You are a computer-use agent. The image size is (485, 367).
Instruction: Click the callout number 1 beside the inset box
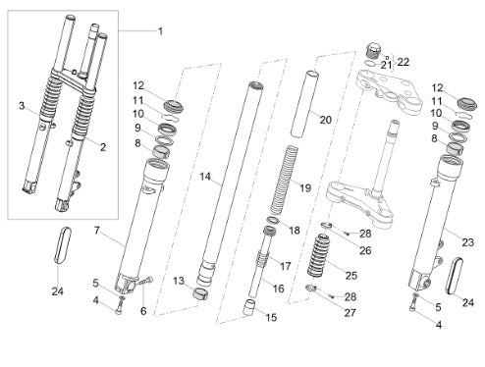pyautogui.click(x=160, y=31)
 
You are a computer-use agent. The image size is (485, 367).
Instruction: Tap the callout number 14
pyautogui.click(x=205, y=177)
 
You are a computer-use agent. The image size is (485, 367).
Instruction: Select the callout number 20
pyautogui.click(x=326, y=120)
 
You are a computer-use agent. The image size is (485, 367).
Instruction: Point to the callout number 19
pyautogui.click(x=305, y=188)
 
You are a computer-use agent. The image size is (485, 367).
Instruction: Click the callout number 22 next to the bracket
pyautogui.click(x=404, y=62)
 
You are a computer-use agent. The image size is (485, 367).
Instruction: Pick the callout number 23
pyautogui.click(x=468, y=242)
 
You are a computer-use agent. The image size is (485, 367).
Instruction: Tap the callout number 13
pyautogui.click(x=179, y=281)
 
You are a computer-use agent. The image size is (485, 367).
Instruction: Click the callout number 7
pyautogui.click(x=96, y=231)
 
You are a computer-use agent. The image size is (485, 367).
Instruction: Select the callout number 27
pyautogui.click(x=350, y=313)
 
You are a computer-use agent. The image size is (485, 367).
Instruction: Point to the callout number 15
pyautogui.click(x=271, y=317)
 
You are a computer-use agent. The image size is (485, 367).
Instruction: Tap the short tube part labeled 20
pyautogui.click(x=304, y=104)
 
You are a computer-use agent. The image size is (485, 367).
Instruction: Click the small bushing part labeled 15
pyautogui.click(x=249, y=307)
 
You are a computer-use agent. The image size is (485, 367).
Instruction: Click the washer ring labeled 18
pyautogui.click(x=273, y=220)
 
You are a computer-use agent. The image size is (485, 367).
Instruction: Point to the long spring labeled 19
pyautogui.click(x=284, y=180)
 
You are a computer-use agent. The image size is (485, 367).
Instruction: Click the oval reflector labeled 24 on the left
pyautogui.click(x=63, y=244)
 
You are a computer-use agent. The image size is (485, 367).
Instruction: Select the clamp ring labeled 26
pyautogui.click(x=326, y=226)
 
